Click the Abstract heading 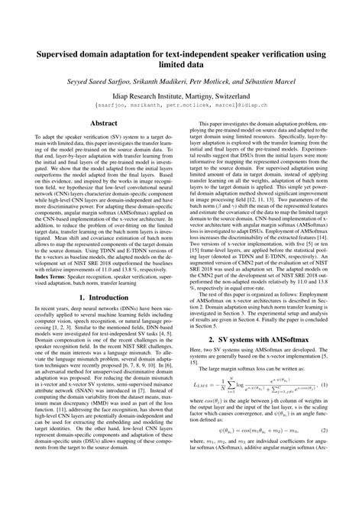[103, 144]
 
